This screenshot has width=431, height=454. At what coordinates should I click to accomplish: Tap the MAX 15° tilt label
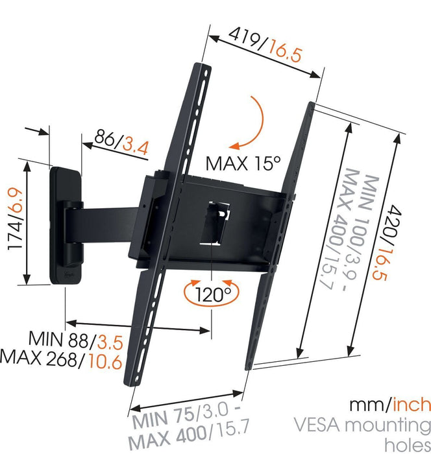[243, 161]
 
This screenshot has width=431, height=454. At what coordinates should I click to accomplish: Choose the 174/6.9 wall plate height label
[14, 221]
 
